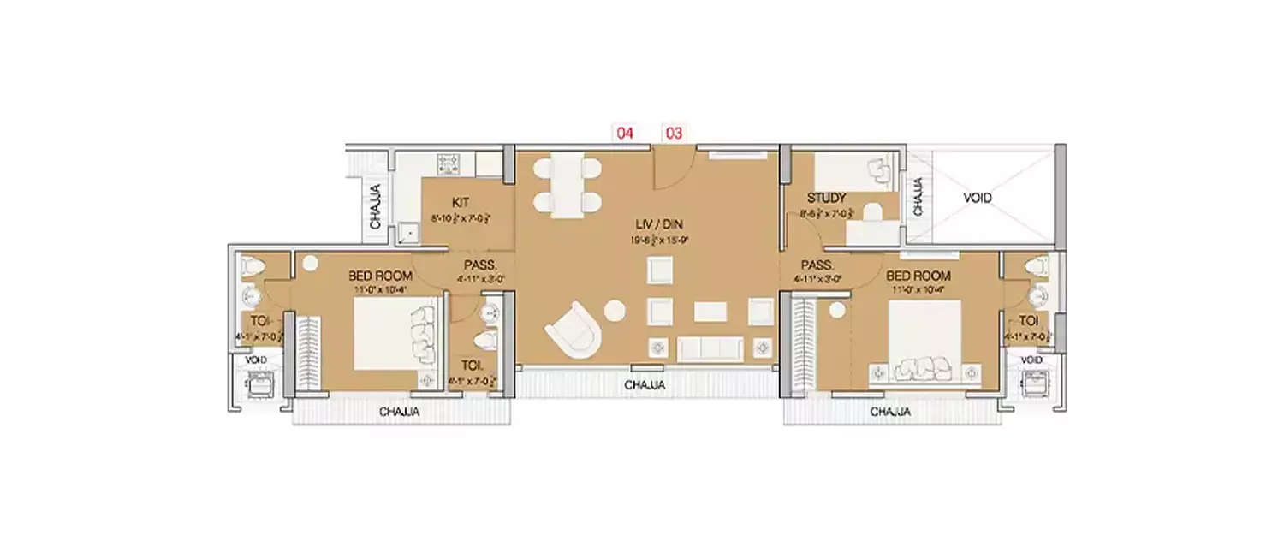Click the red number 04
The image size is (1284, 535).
(x=624, y=133)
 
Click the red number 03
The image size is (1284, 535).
(x=675, y=133)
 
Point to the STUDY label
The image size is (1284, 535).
(x=826, y=198)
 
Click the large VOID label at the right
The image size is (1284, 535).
(x=978, y=198)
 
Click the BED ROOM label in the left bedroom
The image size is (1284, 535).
(x=380, y=276)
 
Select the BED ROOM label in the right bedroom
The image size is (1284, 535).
(x=918, y=276)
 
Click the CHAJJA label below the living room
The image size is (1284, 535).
(x=645, y=386)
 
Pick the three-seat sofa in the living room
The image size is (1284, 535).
(x=710, y=348)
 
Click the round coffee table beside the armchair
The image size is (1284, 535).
(x=614, y=311)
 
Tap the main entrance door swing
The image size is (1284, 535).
(x=670, y=171)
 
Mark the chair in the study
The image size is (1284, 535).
(x=878, y=171)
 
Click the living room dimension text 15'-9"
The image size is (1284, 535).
(x=675, y=241)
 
